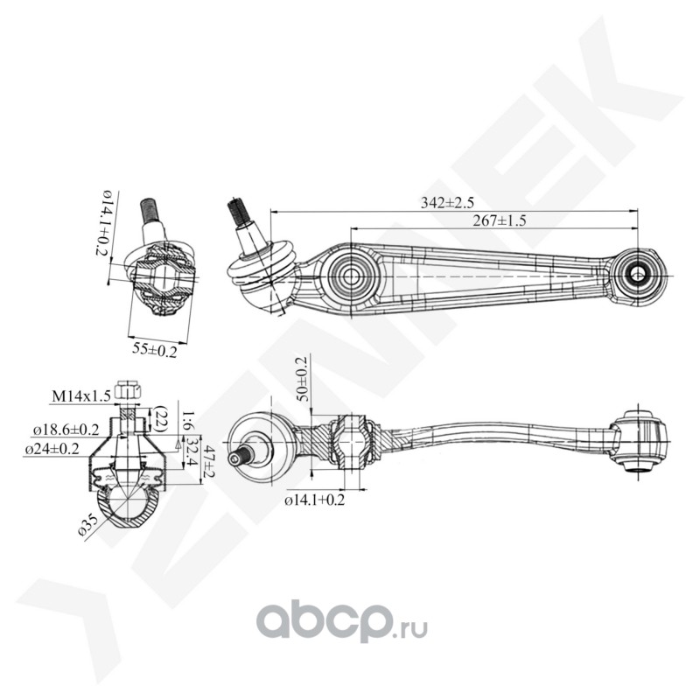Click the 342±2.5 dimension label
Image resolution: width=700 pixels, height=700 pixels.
point(447,203)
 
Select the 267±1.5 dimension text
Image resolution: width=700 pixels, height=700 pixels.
point(500,220)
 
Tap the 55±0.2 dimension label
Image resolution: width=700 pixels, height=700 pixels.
point(155,350)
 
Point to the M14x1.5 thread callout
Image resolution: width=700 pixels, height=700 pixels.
point(81,396)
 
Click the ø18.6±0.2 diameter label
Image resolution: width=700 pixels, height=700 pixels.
point(66,430)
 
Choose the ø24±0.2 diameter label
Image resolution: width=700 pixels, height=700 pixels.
point(52,449)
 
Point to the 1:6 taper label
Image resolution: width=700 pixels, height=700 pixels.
point(188,421)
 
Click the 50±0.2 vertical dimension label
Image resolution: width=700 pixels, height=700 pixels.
point(302,379)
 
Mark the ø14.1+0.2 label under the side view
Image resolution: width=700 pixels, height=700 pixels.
point(315,500)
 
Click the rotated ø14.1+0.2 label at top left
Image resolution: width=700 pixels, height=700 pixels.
point(101,223)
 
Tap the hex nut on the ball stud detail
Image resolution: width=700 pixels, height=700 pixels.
point(129,391)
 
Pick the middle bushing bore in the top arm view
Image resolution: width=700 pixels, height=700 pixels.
point(351,276)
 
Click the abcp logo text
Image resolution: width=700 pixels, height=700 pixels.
point(323,623)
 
